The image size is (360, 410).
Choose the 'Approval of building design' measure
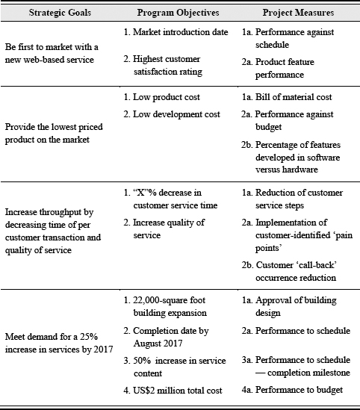click(294, 305)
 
